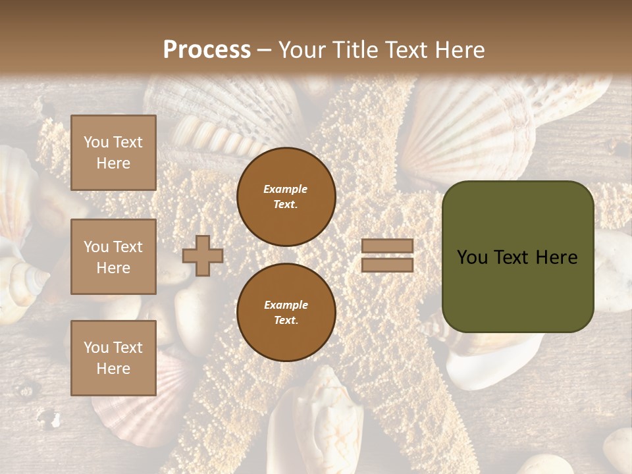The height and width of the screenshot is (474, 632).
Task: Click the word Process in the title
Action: coord(207,50)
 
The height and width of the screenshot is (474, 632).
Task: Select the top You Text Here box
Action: coord(113,153)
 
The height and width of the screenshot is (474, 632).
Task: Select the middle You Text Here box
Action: coord(113,257)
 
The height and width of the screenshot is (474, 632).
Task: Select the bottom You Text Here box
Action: coord(113,357)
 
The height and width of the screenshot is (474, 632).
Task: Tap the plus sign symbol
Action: coord(203,255)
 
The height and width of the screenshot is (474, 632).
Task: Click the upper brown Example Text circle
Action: coord(286,197)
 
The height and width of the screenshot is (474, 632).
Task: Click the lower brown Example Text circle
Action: coord(286,312)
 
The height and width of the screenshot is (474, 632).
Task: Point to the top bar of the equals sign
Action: coord(387,246)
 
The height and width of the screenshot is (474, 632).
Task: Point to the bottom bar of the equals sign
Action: coord(387,265)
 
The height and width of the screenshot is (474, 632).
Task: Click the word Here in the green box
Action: coord(556,257)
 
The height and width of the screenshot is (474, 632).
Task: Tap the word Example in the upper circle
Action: coord(285,189)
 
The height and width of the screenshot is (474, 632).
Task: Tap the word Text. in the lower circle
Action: coord(286,320)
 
